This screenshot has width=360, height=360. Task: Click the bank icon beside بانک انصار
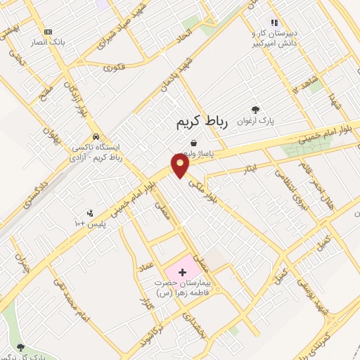48,32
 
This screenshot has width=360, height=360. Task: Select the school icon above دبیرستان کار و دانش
274,22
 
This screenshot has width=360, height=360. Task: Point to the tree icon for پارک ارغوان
255,110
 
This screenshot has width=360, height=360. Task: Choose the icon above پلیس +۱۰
90,213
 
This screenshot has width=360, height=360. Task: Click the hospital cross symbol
182,271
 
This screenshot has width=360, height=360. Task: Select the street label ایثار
252,169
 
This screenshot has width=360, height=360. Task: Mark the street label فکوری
114,67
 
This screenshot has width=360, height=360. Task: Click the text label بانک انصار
49,42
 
